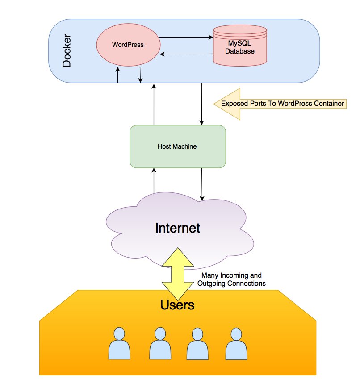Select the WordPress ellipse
point(128,45)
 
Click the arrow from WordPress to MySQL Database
point(186,38)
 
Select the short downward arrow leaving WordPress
point(140,75)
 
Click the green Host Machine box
point(177,146)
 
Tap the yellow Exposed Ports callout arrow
point(280,104)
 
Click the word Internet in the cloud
point(177,228)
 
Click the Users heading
point(177,305)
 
